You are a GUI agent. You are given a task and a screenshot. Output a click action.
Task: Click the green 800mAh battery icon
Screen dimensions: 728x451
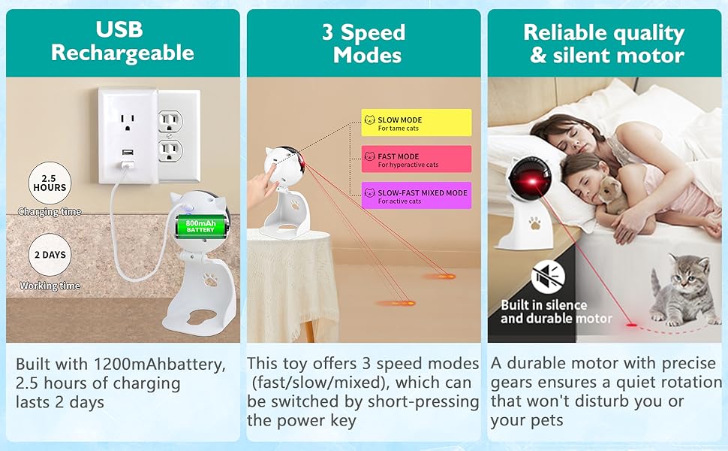click(200, 226)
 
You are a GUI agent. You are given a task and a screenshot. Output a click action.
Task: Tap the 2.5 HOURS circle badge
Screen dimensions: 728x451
click(50, 183)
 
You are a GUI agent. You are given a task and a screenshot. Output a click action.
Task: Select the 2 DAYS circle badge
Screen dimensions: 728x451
click(50, 255)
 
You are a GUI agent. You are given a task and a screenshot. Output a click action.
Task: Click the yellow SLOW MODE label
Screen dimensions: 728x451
click(417, 123)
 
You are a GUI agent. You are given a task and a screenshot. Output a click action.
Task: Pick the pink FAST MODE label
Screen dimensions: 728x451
click(417, 159)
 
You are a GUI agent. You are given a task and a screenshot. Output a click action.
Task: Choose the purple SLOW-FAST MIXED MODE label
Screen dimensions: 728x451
click(417, 195)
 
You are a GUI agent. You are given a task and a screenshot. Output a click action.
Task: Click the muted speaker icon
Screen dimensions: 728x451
click(549, 277)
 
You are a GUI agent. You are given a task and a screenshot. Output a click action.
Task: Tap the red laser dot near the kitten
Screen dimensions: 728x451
click(631, 324)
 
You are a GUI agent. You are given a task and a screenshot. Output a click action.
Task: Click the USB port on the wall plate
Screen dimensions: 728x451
click(127, 152)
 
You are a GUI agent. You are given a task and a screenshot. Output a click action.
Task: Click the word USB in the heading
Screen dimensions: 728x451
click(119, 30)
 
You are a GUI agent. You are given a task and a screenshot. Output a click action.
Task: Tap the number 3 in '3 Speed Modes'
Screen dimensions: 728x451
click(328, 32)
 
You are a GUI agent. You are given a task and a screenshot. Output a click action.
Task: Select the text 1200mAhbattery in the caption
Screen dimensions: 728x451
click(160, 364)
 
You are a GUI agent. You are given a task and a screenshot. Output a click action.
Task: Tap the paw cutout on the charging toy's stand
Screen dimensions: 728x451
click(209, 280)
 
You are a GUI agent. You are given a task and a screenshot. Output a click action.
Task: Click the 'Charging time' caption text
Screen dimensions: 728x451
click(50, 211)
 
